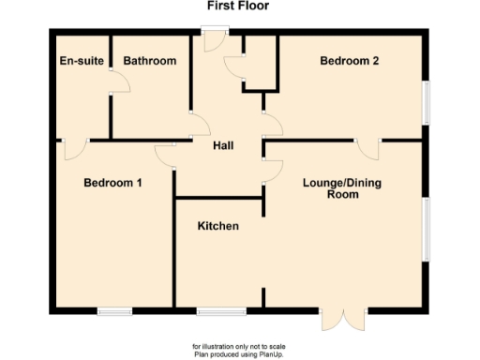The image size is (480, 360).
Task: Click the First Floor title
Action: tap(241, 6)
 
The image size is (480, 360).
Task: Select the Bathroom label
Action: tap(150, 61)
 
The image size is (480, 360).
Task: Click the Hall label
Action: tap(223, 145)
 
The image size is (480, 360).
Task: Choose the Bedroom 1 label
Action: tap(112, 182)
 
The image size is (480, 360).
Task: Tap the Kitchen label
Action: tap(217, 227)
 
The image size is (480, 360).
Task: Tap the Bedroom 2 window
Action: tap(426, 100)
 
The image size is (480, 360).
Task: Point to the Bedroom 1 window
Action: tap(114, 309)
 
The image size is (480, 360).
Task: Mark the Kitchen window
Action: tap(221, 309)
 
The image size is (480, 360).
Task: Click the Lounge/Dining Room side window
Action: tap(426, 229)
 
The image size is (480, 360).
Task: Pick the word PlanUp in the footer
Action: tap(263, 353)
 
